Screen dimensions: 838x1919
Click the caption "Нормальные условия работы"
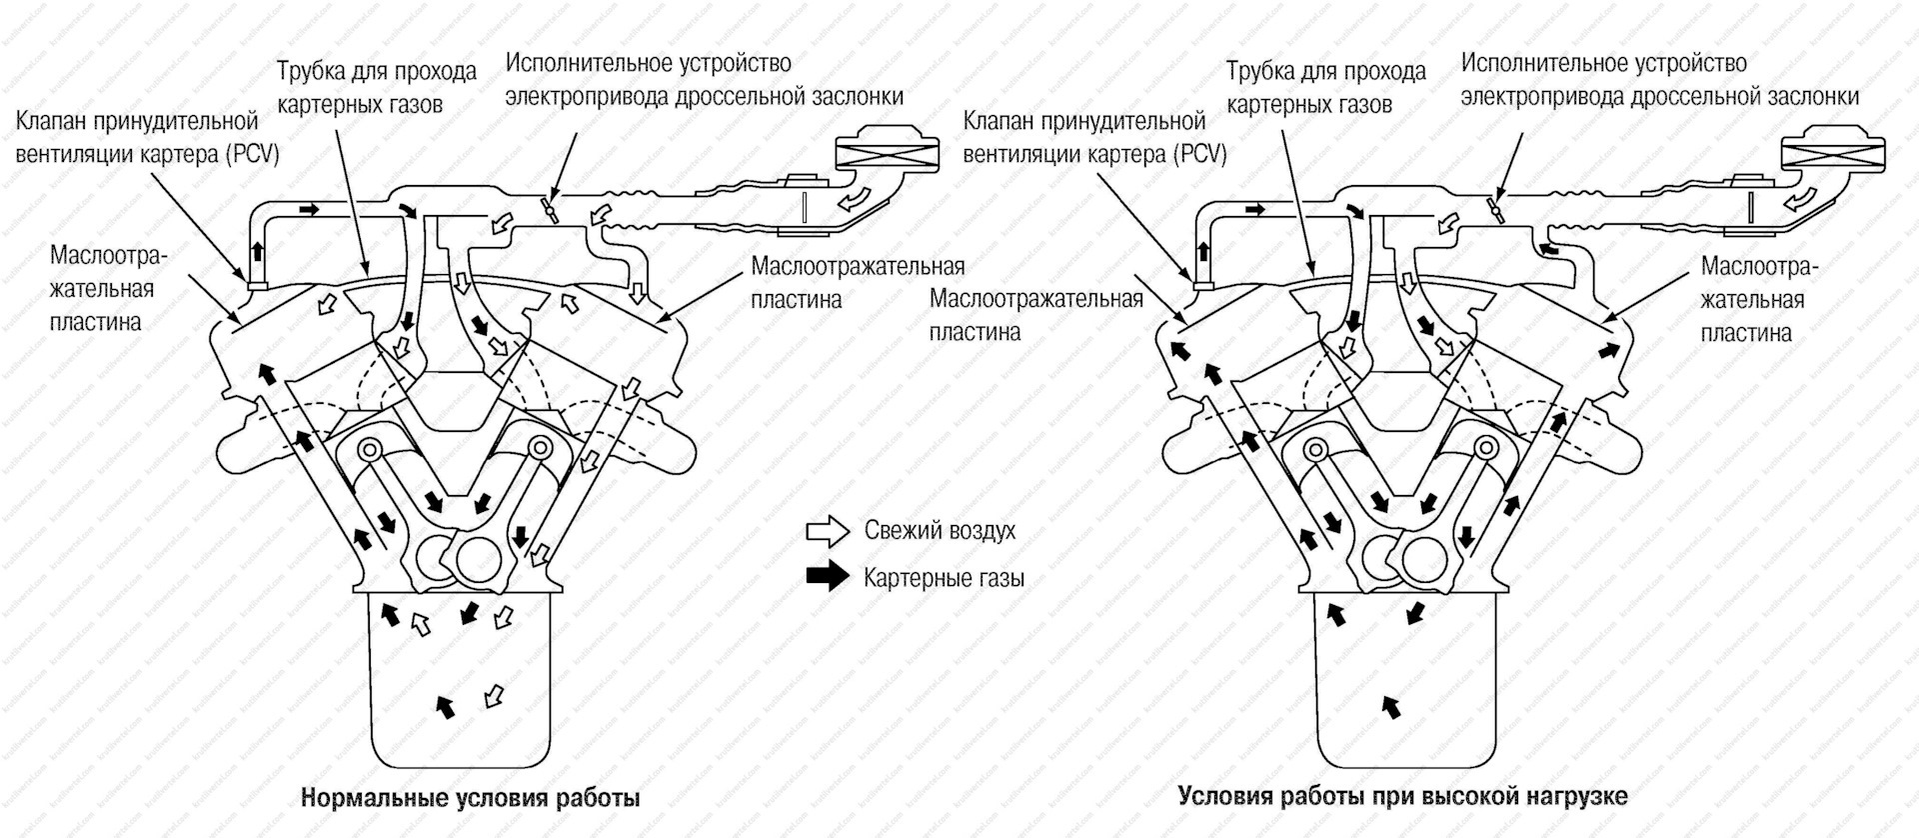pyautogui.click(x=470, y=798)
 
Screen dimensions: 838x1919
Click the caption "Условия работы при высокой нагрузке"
pyautogui.click(x=1402, y=796)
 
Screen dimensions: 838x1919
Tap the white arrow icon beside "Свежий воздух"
pyautogui.click(x=827, y=531)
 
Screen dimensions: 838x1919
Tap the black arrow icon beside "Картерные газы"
pyautogui.click(x=827, y=577)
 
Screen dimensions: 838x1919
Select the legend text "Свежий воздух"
pyautogui.click(x=940, y=531)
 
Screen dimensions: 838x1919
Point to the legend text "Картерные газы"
pyautogui.click(x=944, y=578)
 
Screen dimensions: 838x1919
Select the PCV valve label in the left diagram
pyautogui.click(x=147, y=138)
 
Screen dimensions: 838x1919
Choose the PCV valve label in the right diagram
pyautogui.click(x=1093, y=138)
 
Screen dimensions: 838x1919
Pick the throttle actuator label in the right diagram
pyautogui.click(x=1659, y=80)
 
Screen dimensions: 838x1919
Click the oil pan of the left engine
pyautogui.click(x=460, y=690)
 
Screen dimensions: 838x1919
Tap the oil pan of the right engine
pyautogui.click(x=1406, y=690)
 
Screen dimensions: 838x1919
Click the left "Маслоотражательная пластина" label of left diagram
pyautogui.click(x=108, y=289)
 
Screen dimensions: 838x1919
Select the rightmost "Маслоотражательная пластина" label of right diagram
pyautogui.click(x=1758, y=299)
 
